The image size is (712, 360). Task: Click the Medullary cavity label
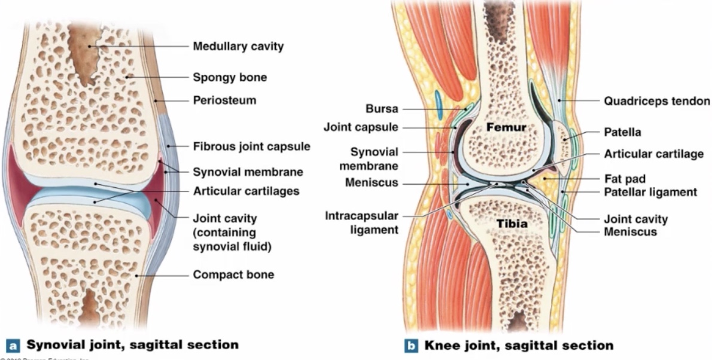click(238, 46)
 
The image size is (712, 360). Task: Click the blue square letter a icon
click(11, 345)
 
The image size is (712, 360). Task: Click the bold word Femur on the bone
click(506, 127)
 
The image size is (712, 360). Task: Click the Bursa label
click(382, 109)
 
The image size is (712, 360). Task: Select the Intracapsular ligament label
click(362, 222)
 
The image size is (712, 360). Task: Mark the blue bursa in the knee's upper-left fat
click(439, 103)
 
